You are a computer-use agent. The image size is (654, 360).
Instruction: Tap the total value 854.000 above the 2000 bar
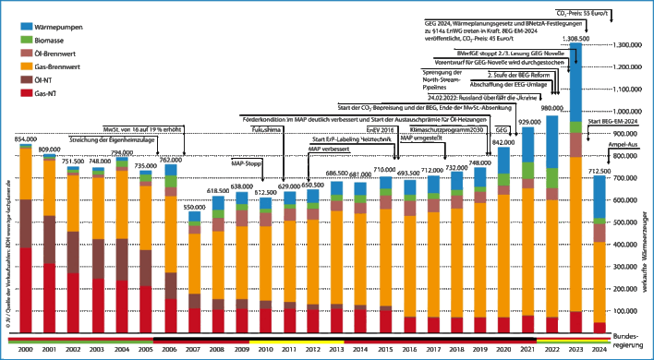pyautogui.click(x=25, y=139)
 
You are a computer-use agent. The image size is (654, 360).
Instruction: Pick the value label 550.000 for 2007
pyautogui.click(x=194, y=207)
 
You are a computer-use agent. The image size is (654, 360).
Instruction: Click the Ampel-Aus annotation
pyautogui.click(x=618, y=146)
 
